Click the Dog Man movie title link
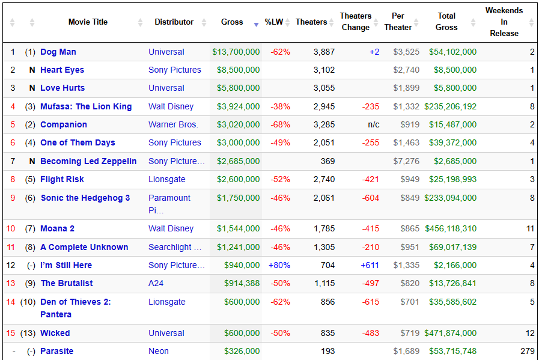58,52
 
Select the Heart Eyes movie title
62,70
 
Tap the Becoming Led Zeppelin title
88,161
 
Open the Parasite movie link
56,351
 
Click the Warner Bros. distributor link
173,124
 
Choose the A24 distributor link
156,283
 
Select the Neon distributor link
159,351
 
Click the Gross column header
232,22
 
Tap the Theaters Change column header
356,22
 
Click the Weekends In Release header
504,22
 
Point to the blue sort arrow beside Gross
256,25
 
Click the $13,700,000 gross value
236,52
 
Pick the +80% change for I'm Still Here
279,265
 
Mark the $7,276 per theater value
406,161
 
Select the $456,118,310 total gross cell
451,228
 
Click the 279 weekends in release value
528,351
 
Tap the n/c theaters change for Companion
374,124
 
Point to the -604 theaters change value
371,198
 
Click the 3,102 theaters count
324,70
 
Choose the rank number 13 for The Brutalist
11,283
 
